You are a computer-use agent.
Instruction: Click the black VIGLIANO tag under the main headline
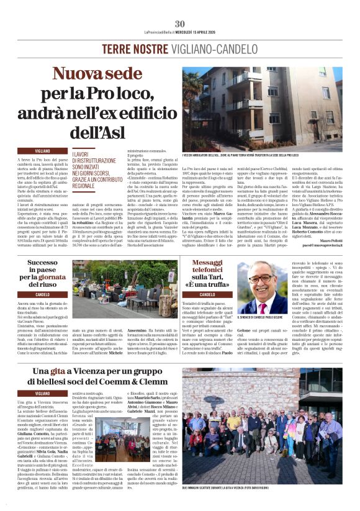tap(43, 151)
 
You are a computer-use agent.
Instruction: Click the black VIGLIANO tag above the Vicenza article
tap(43, 393)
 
